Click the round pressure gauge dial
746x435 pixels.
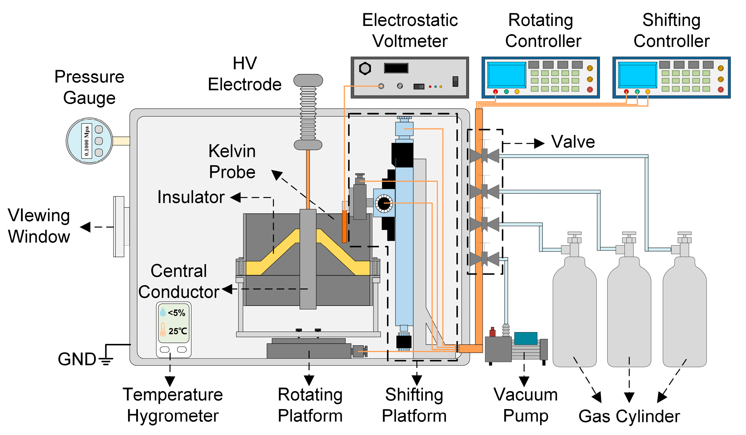tap(90, 141)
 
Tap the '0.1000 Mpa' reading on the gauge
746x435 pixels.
tap(87, 141)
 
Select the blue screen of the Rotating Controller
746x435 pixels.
tap(506, 75)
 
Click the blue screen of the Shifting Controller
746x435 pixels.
tap(638, 75)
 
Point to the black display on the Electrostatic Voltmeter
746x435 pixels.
tap(396, 68)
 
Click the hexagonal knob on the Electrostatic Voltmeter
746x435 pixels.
tap(365, 68)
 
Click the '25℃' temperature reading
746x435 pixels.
tap(178, 331)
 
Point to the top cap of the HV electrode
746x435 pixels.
tap(308, 80)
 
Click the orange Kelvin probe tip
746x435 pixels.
tap(344, 227)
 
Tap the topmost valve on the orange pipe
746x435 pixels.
tap(484, 156)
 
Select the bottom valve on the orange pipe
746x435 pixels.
tap(484, 259)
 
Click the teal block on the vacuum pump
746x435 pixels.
tap(526, 338)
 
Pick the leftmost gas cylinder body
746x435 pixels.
tap(574, 312)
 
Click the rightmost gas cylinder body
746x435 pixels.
tap(685, 312)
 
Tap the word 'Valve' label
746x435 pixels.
tap(573, 142)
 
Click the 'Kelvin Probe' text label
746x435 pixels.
tap(232, 161)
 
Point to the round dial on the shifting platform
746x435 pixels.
tap(384, 204)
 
